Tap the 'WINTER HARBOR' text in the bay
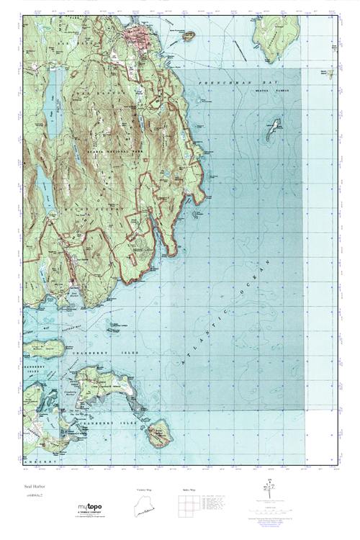pyautogui.click(x=269, y=91)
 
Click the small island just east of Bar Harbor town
pyautogui.click(x=188, y=35)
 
